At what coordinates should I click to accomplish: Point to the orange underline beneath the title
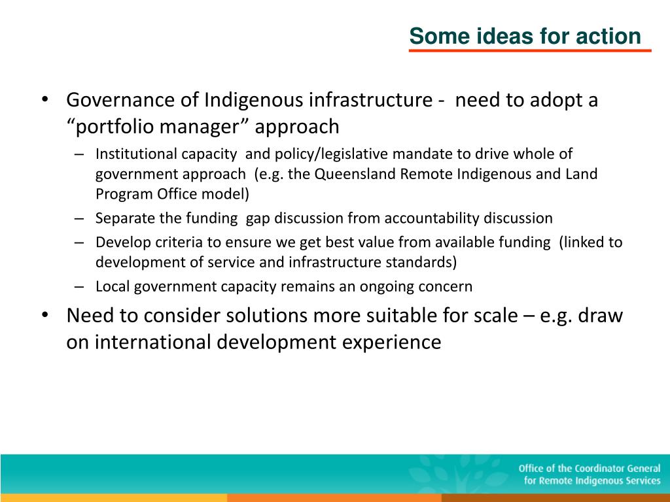[530, 50]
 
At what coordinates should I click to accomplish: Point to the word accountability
[432, 218]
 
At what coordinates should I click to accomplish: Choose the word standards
[421, 262]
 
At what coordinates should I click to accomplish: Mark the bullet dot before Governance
[45, 99]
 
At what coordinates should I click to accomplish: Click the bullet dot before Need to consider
[45, 315]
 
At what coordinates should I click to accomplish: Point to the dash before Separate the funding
[79, 218]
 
